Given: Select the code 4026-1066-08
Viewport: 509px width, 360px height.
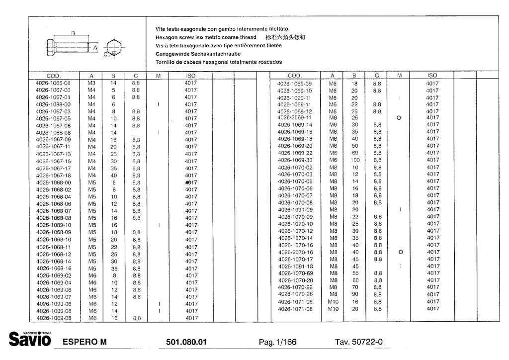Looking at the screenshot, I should tap(53, 83).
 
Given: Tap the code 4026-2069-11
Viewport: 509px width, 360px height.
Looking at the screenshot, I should tap(294, 118).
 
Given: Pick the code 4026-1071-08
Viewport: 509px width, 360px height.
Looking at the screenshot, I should tap(295, 309).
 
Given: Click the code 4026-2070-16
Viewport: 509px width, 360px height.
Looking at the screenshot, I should tap(295, 252).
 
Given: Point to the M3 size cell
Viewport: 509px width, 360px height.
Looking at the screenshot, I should tap(91, 83).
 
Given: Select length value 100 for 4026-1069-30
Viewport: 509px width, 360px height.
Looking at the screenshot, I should tap(354, 160).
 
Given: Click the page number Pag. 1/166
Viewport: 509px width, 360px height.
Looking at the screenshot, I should tap(277, 342).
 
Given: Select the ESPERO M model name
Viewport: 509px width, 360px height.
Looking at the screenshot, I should tap(85, 342).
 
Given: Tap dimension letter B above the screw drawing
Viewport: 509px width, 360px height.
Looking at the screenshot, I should tap(73, 33).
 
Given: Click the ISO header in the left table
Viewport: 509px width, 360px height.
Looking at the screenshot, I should tap(191, 76).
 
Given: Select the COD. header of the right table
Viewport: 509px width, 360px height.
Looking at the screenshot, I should tap(295, 76).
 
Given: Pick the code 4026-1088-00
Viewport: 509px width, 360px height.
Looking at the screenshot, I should tap(53, 104).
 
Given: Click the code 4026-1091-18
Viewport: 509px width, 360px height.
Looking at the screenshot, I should tap(295, 266).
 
